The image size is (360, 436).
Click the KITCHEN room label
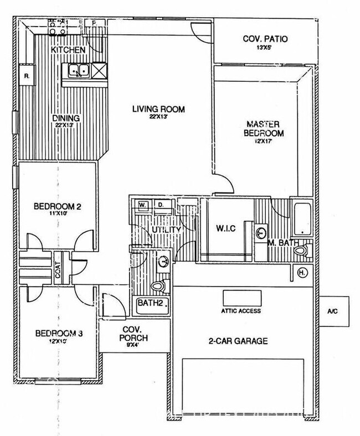[68, 50]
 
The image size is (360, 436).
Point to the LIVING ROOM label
[158, 109]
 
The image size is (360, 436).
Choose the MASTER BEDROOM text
[265, 128]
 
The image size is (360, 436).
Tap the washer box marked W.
[142, 205]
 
